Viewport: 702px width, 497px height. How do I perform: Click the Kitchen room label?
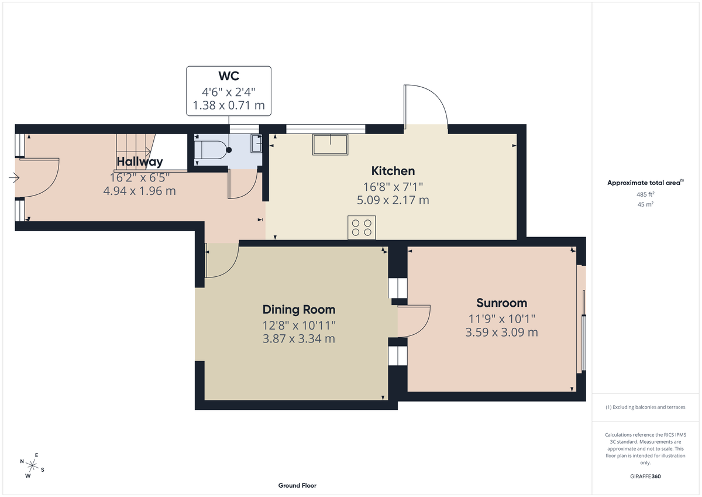(393, 171)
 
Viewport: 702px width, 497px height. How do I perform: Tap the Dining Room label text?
(298, 310)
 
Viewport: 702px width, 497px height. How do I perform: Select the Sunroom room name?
(501, 303)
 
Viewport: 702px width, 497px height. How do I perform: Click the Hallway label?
(139, 162)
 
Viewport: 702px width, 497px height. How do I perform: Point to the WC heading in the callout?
(229, 76)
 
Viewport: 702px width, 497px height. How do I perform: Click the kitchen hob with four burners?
(362, 227)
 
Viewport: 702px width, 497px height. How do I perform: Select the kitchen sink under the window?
(331, 144)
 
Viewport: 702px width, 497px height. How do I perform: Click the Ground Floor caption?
(297, 485)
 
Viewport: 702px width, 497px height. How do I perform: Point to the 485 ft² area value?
(645, 194)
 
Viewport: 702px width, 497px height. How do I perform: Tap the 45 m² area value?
(645, 204)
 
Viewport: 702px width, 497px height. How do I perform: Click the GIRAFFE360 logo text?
(645, 477)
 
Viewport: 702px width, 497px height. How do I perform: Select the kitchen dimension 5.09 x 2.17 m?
(393, 200)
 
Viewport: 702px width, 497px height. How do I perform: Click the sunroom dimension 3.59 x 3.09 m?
(501, 333)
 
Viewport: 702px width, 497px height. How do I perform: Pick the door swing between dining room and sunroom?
(414, 321)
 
